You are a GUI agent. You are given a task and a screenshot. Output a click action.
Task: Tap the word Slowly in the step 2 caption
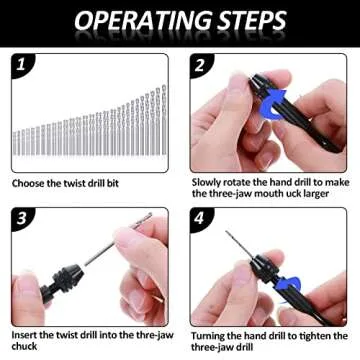coord(208,183)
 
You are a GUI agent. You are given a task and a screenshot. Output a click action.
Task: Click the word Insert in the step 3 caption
coord(28,333)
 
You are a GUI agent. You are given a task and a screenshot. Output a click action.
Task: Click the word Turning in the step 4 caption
coord(212,333)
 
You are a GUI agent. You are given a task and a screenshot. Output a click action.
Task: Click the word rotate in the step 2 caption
coord(246,183)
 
